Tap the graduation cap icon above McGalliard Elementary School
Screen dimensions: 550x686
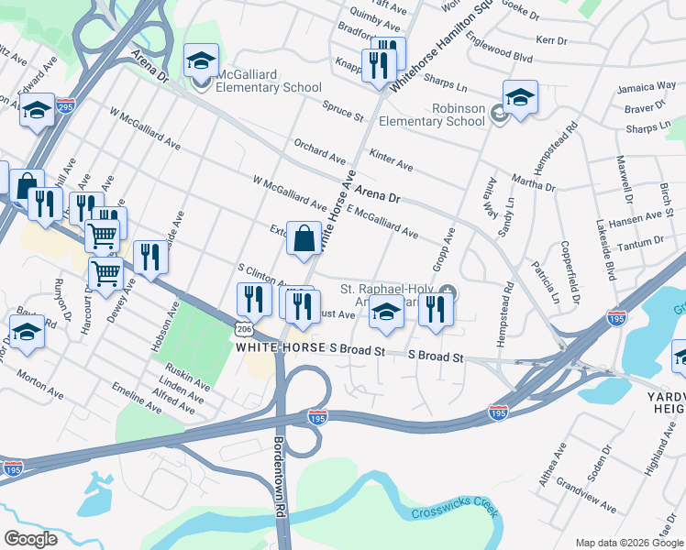click(201, 61)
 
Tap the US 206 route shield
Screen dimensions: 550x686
click(243, 328)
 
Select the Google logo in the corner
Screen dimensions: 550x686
click(30, 538)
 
